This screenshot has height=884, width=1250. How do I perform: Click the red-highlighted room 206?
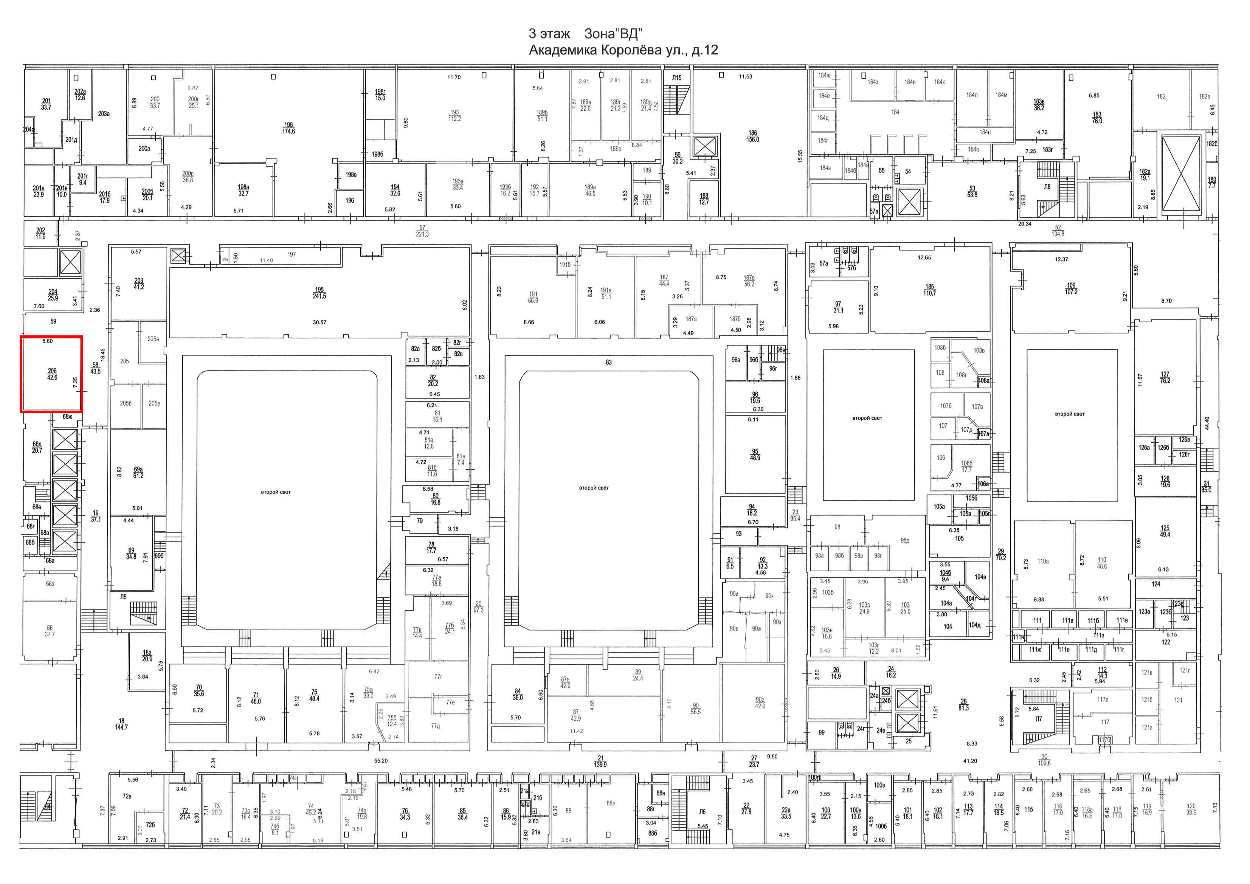[52, 374]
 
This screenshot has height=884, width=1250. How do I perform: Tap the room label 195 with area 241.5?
[319, 293]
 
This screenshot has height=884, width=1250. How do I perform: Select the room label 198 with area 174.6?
[288, 128]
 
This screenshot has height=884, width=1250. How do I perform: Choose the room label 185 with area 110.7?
[929, 290]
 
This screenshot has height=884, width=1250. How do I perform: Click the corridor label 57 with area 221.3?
[422, 231]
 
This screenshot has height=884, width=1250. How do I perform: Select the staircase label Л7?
[1038, 719]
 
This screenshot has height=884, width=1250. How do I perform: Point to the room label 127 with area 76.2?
[1165, 377]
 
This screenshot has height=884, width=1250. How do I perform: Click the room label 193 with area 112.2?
[454, 115]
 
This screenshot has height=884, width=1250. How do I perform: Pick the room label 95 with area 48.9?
[755, 454]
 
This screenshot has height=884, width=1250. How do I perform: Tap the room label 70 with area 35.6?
[199, 691]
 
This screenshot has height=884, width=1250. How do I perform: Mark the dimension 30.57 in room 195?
[319, 322]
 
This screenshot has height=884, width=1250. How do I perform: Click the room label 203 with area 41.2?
[139, 284]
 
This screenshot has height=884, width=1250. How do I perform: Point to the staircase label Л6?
[702, 812]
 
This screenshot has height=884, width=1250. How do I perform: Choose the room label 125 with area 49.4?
[1165, 531]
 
